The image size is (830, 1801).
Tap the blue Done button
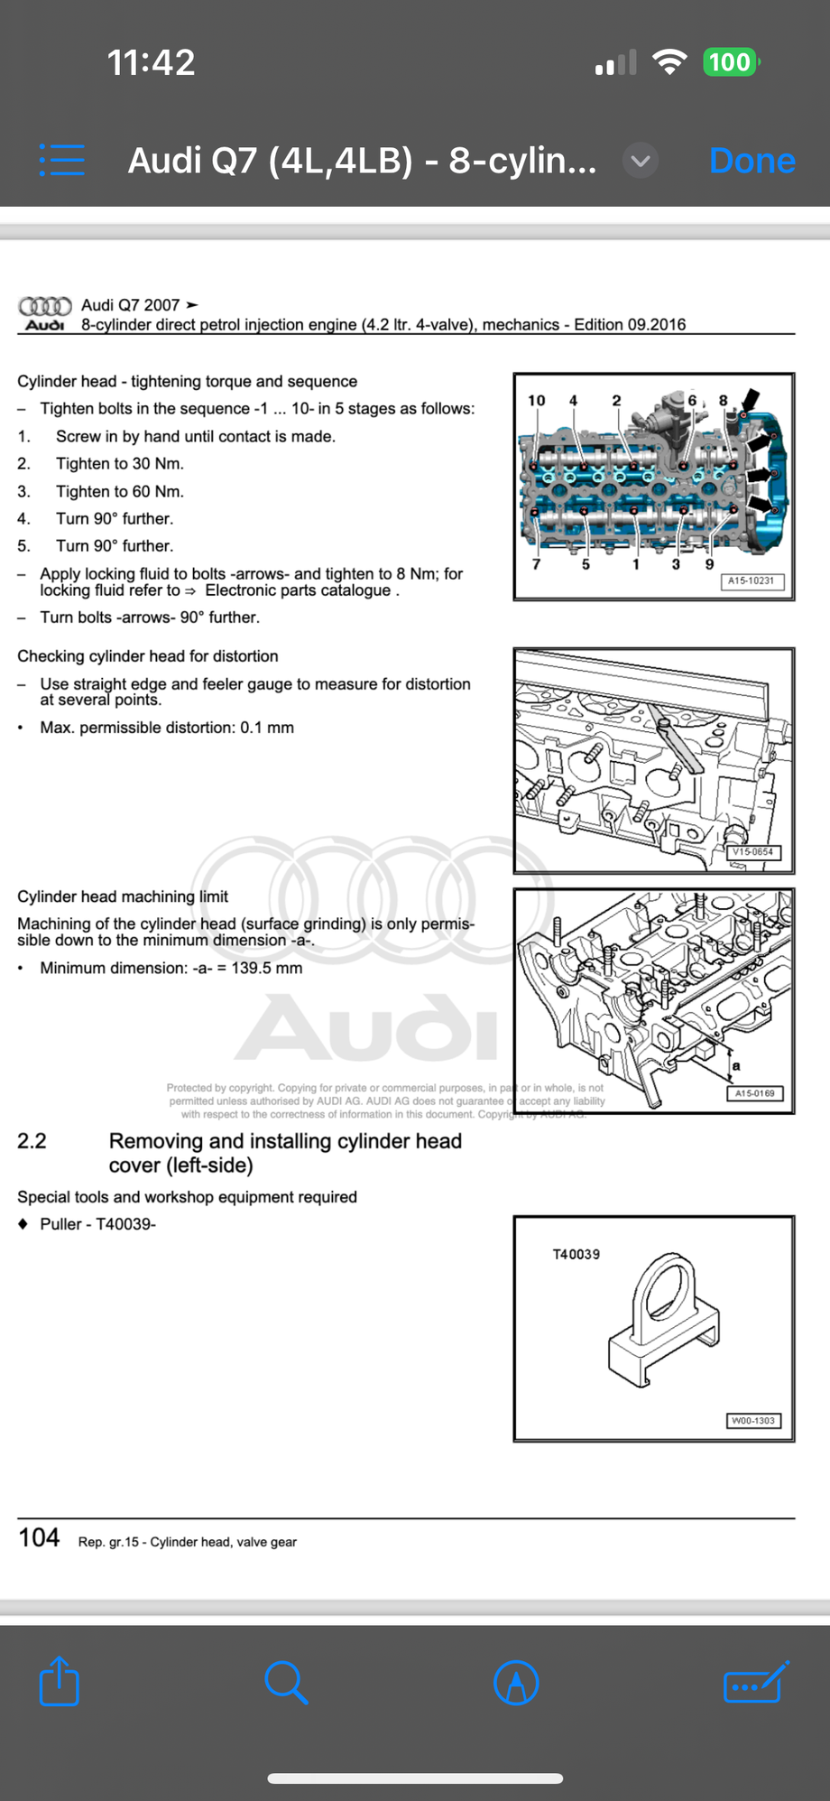(752, 161)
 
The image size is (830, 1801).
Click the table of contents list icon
(62, 161)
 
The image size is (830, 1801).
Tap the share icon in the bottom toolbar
(60, 1682)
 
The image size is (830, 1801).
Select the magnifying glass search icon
(286, 1682)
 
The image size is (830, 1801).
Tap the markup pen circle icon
(516, 1683)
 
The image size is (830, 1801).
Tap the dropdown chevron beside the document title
(641, 161)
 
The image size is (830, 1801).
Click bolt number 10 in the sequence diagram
(537, 400)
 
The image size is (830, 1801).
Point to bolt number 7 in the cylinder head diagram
(536, 564)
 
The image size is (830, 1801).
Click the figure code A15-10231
(752, 580)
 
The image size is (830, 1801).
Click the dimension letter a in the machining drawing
(736, 1065)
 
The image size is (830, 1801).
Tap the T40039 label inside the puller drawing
(576, 1254)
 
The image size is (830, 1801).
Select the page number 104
(40, 1537)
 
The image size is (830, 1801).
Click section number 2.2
(32, 1141)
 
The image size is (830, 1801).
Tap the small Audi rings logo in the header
(45, 306)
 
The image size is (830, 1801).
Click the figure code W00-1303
(752, 1420)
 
